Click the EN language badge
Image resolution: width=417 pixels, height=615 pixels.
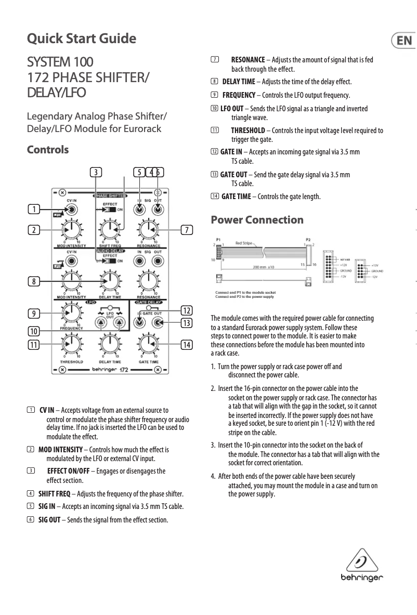tap(403, 41)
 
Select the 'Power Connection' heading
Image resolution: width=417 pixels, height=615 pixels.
tap(257, 220)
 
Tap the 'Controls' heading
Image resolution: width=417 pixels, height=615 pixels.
tap(48, 150)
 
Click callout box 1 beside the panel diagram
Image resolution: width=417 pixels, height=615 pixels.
tap(34, 210)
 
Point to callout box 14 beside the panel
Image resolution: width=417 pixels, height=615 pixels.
tap(186, 344)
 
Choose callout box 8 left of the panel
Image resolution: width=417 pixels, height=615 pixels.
tap(34, 282)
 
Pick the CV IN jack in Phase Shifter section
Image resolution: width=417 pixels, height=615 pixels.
tap(72, 210)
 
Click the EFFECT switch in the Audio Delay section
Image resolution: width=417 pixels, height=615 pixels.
tap(109, 261)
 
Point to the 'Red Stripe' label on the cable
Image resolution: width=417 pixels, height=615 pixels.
tap(244, 243)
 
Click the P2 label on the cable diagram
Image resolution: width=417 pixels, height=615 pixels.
tap(308, 240)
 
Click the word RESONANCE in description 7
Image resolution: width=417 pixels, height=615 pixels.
tap(247, 60)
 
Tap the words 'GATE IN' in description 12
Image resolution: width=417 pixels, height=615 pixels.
tap(231, 152)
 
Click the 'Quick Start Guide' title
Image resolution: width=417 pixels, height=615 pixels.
tap(82, 39)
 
